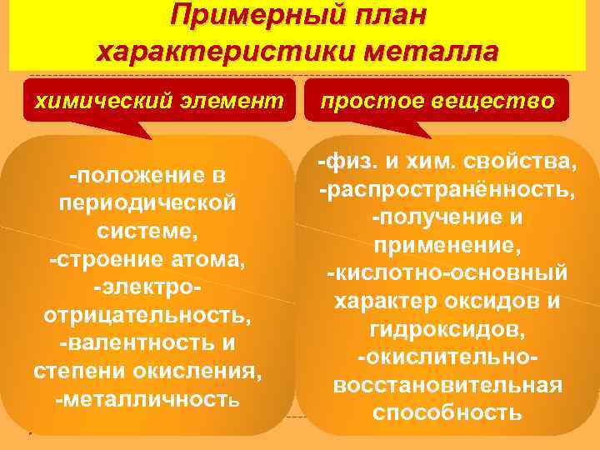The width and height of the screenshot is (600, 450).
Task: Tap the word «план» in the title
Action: (x=389, y=14)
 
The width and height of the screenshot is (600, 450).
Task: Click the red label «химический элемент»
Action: (x=158, y=101)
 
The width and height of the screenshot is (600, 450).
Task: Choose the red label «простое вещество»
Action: (x=437, y=101)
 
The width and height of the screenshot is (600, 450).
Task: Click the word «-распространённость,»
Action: (x=447, y=190)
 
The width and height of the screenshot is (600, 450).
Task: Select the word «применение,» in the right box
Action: (x=447, y=246)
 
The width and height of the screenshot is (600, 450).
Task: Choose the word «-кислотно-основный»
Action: (x=447, y=273)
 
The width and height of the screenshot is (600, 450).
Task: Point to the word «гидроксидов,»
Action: (x=447, y=329)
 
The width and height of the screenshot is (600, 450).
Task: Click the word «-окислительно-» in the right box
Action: (x=447, y=357)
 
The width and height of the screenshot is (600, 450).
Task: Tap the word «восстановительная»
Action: (x=447, y=385)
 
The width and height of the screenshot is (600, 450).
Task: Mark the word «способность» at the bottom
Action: (x=447, y=412)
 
